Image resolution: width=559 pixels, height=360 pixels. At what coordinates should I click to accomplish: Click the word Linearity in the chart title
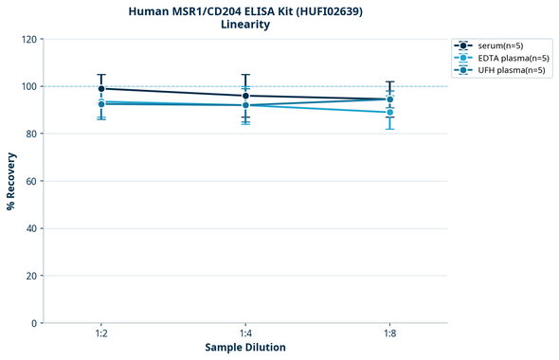(x=245, y=25)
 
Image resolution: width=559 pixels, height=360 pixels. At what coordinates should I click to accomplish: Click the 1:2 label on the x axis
(x=101, y=333)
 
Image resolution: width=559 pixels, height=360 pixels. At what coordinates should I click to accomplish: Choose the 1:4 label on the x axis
(x=245, y=333)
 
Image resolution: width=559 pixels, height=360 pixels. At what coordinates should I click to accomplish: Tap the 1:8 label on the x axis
(x=389, y=333)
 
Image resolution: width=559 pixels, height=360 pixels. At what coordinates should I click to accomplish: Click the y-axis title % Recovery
(x=11, y=181)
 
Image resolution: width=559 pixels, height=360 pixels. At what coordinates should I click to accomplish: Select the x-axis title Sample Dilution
(x=245, y=348)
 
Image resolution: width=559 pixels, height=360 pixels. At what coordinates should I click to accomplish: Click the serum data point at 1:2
(x=101, y=88)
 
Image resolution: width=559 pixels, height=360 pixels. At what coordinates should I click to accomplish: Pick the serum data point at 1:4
(x=245, y=96)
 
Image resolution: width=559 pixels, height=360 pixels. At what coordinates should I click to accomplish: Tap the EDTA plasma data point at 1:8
(x=389, y=113)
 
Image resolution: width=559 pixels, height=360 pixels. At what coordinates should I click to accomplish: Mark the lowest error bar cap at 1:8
(x=389, y=129)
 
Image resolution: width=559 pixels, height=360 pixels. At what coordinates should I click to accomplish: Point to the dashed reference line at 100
(x=313, y=86)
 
